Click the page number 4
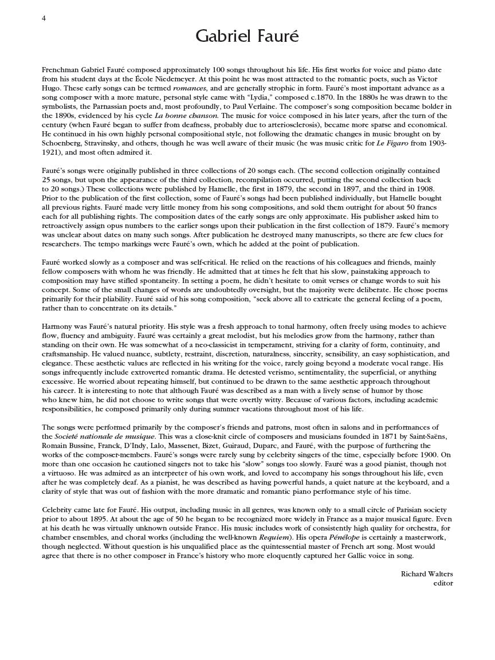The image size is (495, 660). click(x=44, y=18)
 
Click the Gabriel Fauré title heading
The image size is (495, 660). click(x=247, y=37)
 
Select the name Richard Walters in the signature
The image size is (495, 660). click(x=427, y=574)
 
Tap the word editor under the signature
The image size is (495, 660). click(x=443, y=583)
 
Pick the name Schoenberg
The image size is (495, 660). click(x=62, y=143)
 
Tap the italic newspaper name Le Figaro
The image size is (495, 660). click(x=392, y=143)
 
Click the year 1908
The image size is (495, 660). click(x=426, y=189)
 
